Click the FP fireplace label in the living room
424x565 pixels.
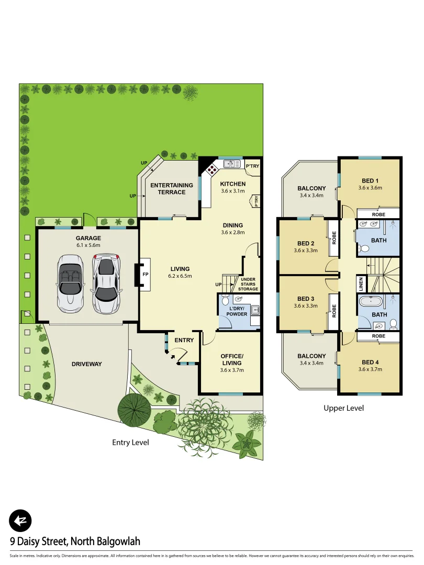tap(145, 274)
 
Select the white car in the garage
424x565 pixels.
tap(70, 283)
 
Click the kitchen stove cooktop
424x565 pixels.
tap(211, 168)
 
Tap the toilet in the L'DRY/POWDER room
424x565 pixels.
tap(226, 301)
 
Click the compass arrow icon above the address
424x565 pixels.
tap(20, 521)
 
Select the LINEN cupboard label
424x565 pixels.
tap(361, 284)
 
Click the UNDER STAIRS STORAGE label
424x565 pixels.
tap(248, 284)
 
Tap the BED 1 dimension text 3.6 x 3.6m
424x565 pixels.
tap(370, 187)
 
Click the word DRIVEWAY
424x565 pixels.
tap(86, 364)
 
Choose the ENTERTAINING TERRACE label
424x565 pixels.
tap(172, 188)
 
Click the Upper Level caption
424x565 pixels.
tap(343, 408)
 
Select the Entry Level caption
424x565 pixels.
tap(130, 443)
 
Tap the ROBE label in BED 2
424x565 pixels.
tap(333, 239)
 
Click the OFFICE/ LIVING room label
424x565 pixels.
tap(231, 360)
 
